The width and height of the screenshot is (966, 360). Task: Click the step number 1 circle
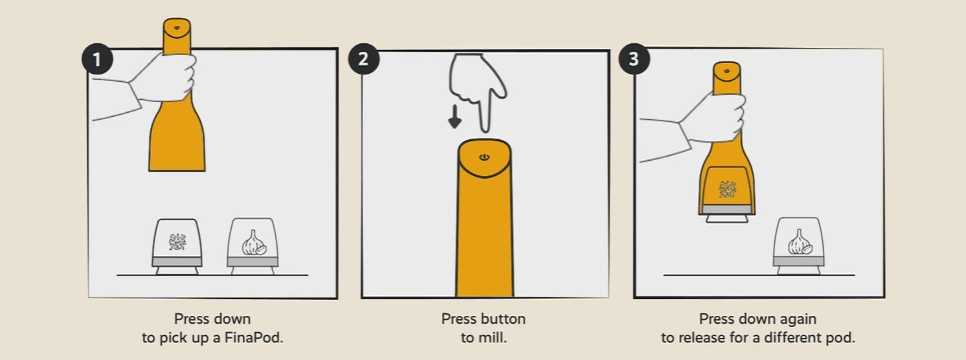point(97,59)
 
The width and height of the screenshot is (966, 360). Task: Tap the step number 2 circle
point(363,59)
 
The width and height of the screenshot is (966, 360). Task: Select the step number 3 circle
point(634,59)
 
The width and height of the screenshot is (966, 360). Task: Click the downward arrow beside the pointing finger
point(455,117)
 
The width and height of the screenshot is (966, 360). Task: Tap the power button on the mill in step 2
point(484,157)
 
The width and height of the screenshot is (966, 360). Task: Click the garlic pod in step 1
point(253,247)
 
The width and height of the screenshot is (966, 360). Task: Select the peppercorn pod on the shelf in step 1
point(177,247)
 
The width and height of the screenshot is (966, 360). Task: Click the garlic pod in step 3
point(799,246)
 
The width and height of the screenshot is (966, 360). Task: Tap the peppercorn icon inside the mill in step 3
point(727,189)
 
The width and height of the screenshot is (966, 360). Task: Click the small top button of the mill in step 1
point(177,28)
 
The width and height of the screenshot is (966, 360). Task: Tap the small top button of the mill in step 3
point(726,71)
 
